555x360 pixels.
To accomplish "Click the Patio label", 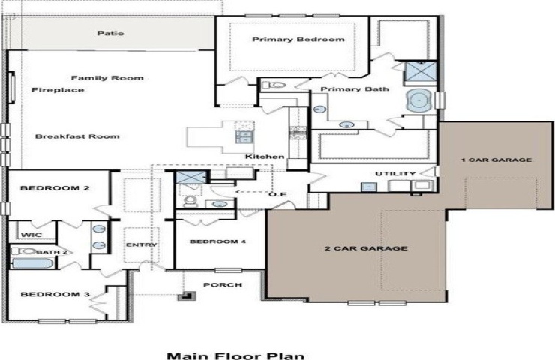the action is tap(111, 34).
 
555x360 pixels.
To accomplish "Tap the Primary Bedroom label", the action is tap(298, 39).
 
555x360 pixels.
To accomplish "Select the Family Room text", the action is tap(107, 78).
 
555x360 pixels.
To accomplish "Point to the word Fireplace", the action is tap(58, 90).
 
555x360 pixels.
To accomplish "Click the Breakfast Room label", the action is tap(77, 136).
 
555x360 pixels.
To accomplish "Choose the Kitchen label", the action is tap(265, 157).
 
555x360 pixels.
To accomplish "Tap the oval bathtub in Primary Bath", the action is tap(419, 100).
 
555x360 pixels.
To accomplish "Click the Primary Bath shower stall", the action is tap(420, 71).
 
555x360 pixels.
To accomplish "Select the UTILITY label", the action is tap(395, 174).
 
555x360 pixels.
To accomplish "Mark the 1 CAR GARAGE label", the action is tap(496, 160).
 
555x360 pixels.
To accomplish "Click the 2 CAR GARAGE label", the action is tap(366, 248).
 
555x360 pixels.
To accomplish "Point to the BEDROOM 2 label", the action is tap(55, 188).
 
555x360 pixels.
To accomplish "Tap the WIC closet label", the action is tap(31, 235).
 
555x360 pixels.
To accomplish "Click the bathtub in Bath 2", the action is tap(32, 263).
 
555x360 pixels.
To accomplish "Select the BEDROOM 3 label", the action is tap(55, 294).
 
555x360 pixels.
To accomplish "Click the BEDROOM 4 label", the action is tap(217, 241).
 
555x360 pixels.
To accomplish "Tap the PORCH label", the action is tap(223, 284).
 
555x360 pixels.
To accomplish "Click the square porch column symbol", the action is tap(187, 296).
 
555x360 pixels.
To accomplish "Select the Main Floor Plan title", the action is tap(235, 355).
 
